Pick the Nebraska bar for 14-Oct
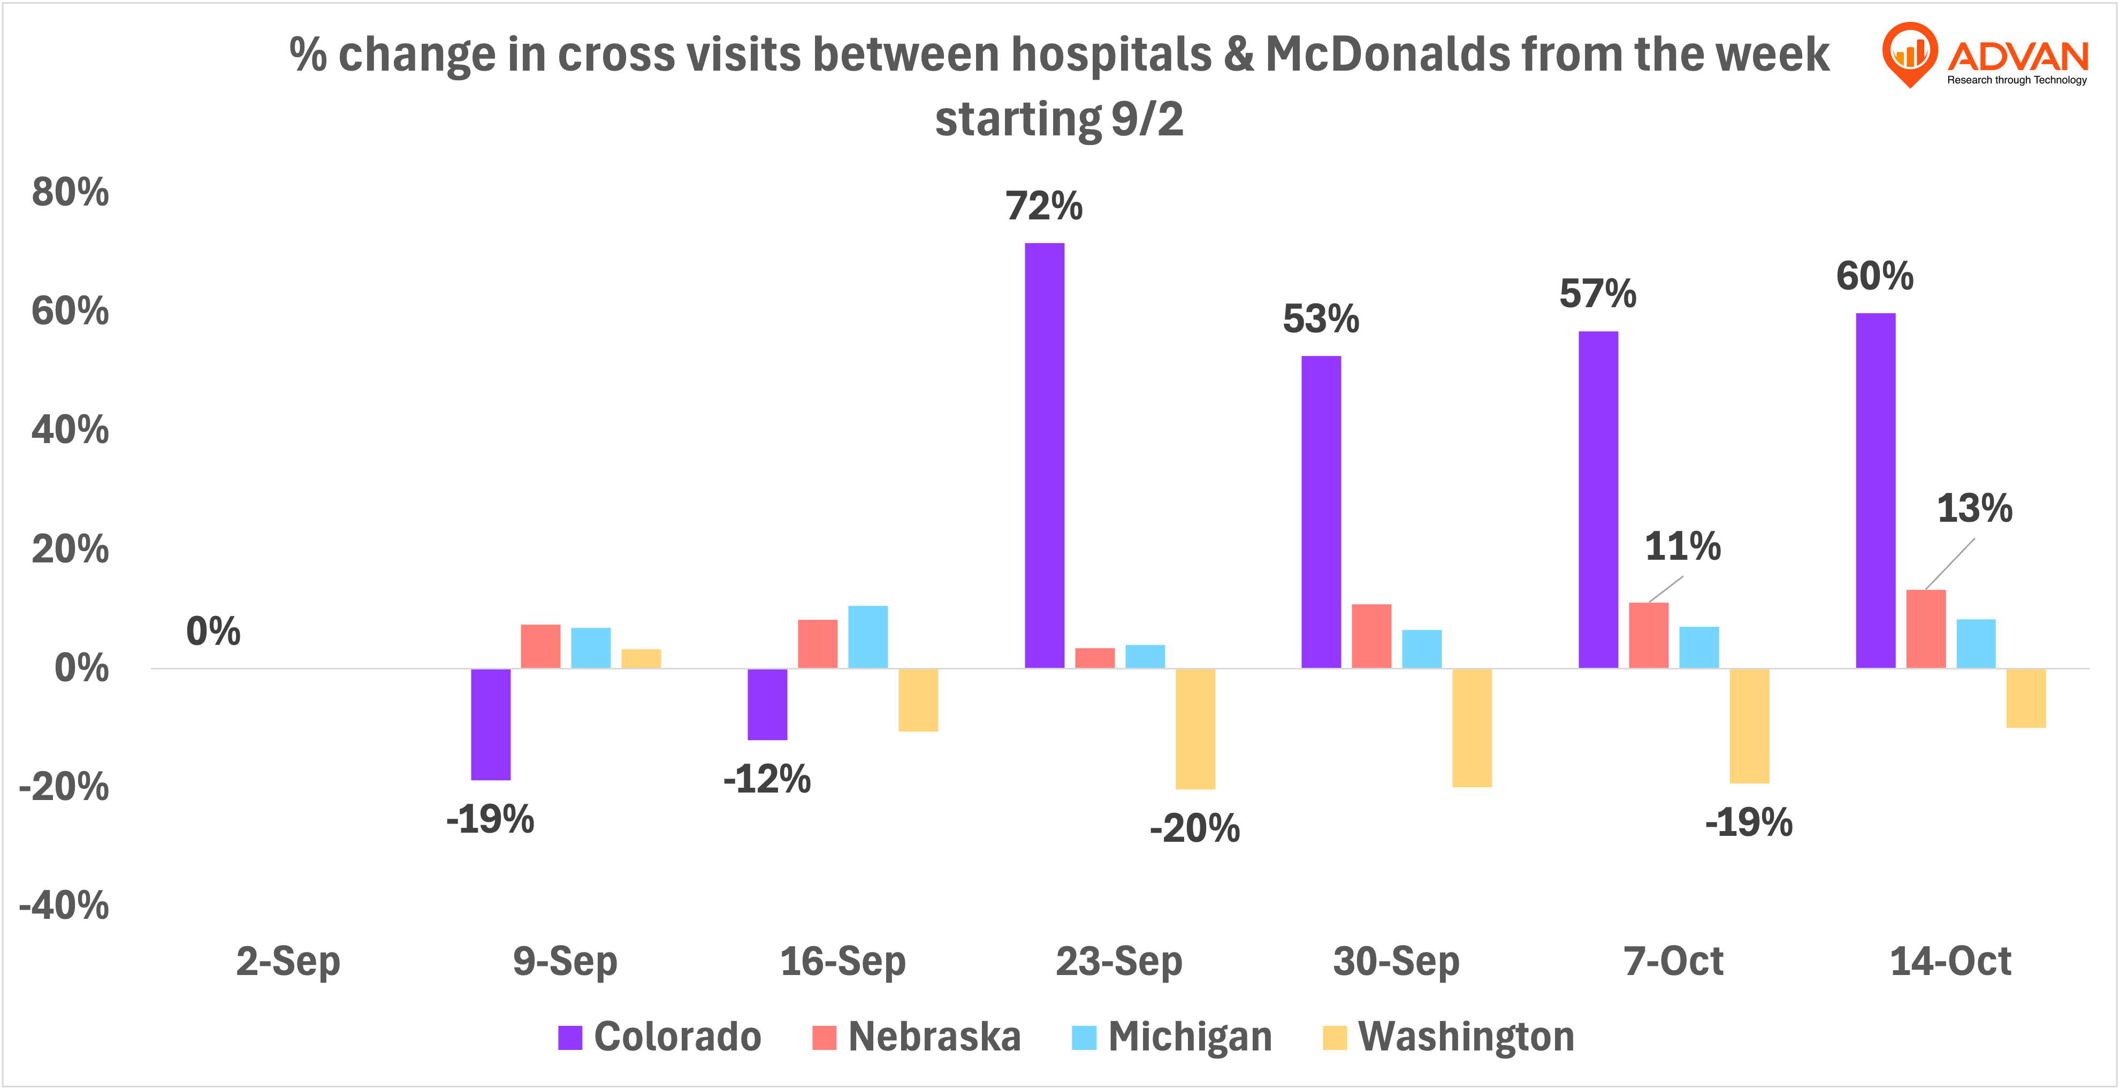coord(1926,629)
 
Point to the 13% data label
coord(1974,508)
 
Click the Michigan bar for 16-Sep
coord(868,637)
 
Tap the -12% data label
coord(767,779)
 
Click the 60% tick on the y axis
coord(70,312)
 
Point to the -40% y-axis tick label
coord(64,905)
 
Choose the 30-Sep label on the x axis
coord(1396,961)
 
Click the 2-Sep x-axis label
coord(288,961)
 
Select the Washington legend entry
coord(1448,1037)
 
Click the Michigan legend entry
coord(1172,1037)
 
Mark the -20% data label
coord(1194,828)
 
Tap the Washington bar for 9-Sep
coord(641,659)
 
